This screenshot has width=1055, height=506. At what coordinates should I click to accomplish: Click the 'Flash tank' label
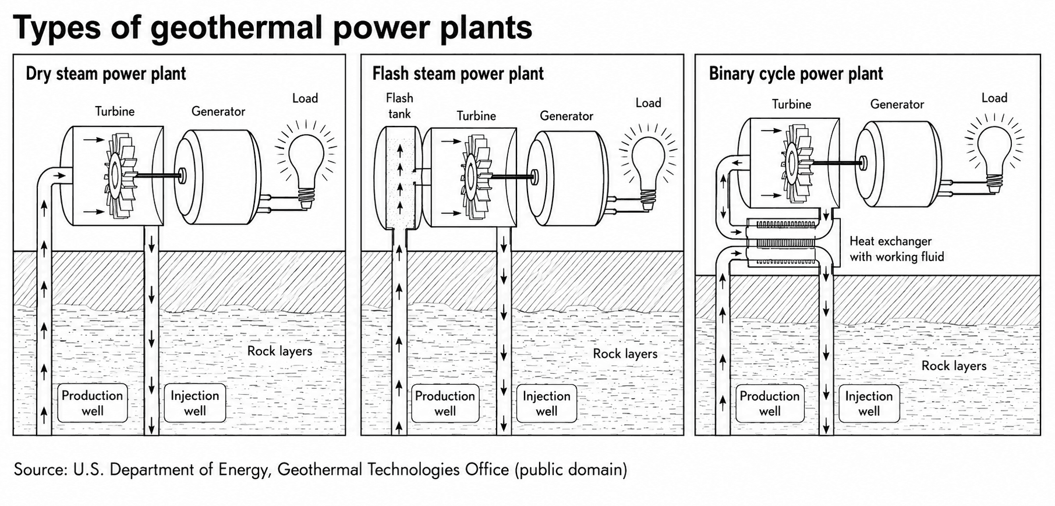click(x=399, y=106)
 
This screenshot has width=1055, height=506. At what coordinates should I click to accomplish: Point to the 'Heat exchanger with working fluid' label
click(x=897, y=249)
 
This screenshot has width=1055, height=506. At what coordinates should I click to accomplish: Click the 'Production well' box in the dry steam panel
click(x=93, y=403)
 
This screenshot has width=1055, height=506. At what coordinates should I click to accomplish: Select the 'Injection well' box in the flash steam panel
click(x=547, y=403)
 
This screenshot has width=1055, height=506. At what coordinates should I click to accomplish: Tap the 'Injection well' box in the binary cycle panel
click(x=869, y=403)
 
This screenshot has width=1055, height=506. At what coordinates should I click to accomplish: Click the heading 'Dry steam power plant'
click(x=106, y=74)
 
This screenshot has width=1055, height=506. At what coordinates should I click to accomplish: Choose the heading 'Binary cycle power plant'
click(x=796, y=74)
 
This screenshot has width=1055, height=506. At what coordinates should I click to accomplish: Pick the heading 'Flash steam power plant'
click(x=458, y=74)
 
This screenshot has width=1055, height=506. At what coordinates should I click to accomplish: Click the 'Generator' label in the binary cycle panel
click(x=897, y=104)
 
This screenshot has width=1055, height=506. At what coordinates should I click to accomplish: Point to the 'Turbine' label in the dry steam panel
click(x=115, y=111)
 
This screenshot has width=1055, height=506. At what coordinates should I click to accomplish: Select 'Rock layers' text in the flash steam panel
click(x=625, y=354)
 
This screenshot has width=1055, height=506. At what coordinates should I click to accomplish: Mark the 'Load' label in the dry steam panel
click(x=305, y=99)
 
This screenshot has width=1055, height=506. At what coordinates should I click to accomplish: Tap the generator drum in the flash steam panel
click(x=568, y=177)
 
